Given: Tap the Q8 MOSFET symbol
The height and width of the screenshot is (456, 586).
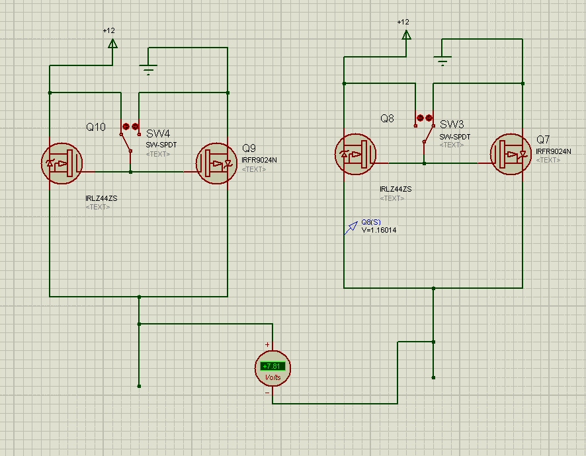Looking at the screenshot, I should (355, 155).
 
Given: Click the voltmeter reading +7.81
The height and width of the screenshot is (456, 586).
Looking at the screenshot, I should (272, 365).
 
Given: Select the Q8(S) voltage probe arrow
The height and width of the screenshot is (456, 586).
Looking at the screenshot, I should (350, 228).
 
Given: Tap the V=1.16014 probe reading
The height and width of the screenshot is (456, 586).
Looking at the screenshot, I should (379, 230).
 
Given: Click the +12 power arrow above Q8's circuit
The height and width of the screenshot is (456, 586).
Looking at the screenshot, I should (406, 33).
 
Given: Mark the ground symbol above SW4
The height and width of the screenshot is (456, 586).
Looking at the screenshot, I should (148, 69).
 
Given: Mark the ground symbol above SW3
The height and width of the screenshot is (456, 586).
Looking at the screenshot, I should (442, 61).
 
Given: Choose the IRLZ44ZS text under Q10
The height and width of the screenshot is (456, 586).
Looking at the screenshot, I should (101, 198).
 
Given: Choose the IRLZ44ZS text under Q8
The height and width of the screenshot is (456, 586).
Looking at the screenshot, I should (396, 189).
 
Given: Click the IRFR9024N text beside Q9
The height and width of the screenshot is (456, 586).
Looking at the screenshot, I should (259, 160).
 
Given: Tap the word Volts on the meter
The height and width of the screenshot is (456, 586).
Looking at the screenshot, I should (272, 377).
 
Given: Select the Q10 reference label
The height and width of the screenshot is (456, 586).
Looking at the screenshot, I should (96, 127).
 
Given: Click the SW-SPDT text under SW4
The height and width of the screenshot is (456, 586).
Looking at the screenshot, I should (161, 145).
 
